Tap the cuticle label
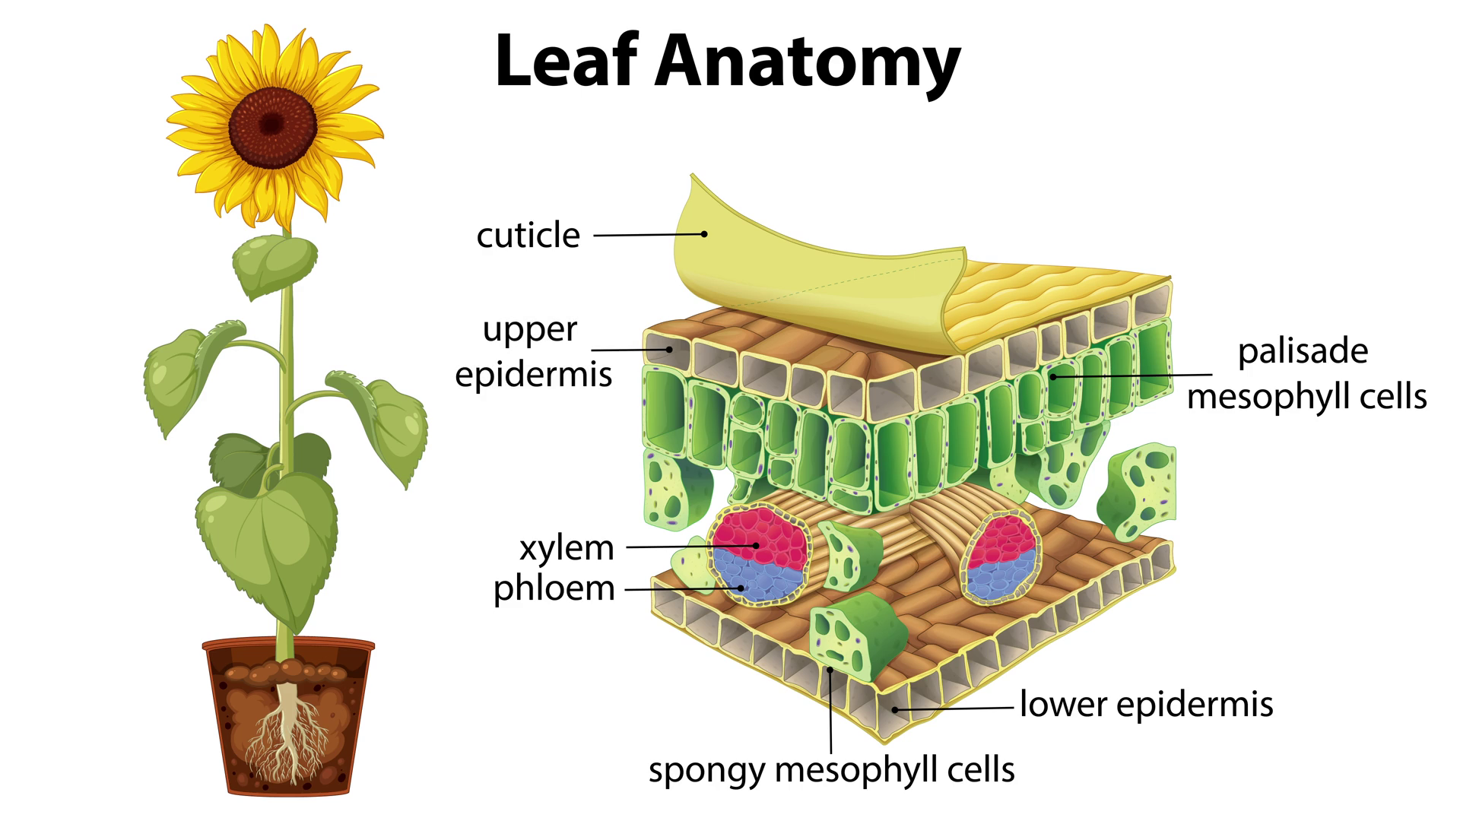tap(528, 236)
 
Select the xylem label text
tap(567, 548)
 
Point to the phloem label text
tap(554, 588)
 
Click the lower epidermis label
tap(1146, 704)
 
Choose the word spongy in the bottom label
tap(706, 770)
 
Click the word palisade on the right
tap(1303, 351)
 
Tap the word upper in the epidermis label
tap(530, 331)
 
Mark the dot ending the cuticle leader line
tap(704, 234)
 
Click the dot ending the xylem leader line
tap(756, 545)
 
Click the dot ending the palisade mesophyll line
tap(1053, 376)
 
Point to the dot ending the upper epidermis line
tap(669, 350)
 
